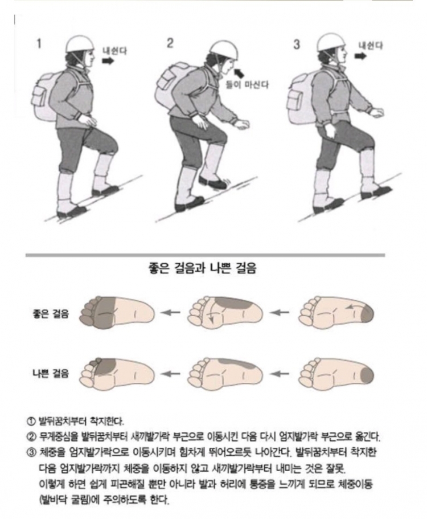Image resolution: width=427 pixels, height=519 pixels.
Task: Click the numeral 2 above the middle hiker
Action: point(170,43)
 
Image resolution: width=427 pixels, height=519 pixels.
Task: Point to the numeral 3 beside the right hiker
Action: point(297,44)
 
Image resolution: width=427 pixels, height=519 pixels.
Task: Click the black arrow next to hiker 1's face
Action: point(108,61)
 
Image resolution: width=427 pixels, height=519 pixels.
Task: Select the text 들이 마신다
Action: point(247,85)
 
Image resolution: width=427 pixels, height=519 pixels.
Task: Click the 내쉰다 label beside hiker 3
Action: point(371,46)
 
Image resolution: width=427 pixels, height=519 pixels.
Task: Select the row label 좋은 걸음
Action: point(51,313)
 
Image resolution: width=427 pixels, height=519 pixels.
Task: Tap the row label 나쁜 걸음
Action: point(51,373)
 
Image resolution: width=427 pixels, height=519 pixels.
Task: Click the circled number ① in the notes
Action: point(31,422)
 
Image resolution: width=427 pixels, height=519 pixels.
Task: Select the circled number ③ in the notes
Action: point(31,452)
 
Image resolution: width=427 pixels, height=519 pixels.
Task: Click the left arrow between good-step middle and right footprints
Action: point(280,312)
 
